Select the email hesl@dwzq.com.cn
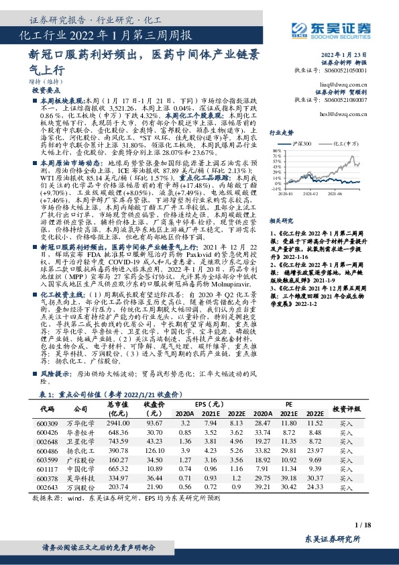[x=334, y=115]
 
